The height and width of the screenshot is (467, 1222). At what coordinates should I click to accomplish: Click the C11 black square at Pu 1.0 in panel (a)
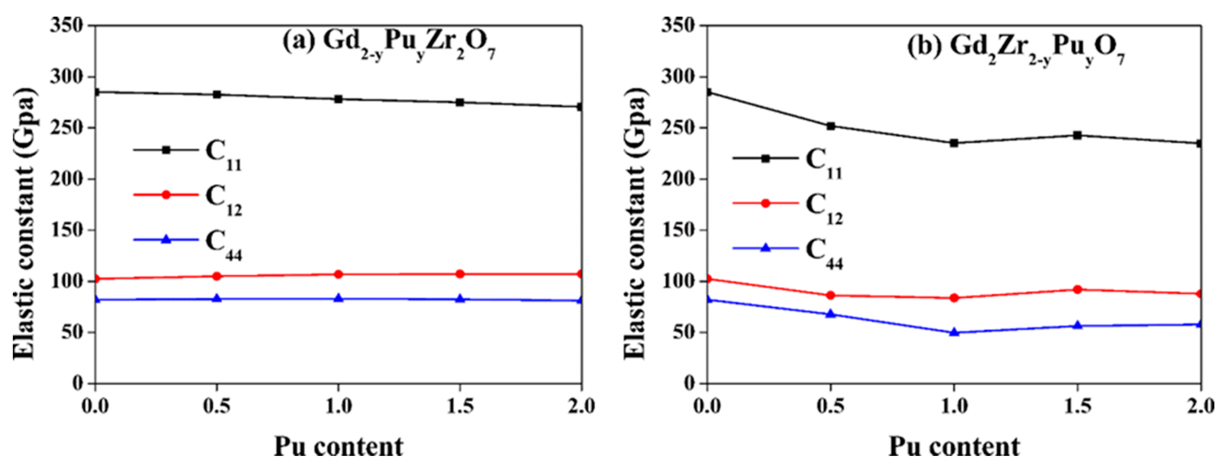click(x=338, y=99)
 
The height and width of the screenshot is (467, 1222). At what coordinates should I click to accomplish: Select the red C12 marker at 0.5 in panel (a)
click(x=217, y=276)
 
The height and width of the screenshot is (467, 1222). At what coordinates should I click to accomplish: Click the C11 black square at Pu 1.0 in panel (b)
click(x=954, y=143)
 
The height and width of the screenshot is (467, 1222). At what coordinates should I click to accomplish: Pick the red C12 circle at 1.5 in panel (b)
click(x=1077, y=289)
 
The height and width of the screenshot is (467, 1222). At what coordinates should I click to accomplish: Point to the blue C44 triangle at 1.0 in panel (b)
click(x=954, y=332)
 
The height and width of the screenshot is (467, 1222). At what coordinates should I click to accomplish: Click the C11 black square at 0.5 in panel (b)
click(x=831, y=126)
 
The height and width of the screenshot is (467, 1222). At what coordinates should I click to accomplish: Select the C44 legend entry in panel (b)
click(x=788, y=251)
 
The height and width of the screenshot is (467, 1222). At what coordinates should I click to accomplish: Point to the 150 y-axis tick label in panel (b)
click(x=677, y=230)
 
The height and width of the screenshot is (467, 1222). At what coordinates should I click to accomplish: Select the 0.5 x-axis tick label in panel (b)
click(x=831, y=406)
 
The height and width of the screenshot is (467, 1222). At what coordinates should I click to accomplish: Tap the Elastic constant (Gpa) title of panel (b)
click(x=634, y=223)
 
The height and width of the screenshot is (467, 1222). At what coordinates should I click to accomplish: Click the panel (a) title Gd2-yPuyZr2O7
click(x=389, y=45)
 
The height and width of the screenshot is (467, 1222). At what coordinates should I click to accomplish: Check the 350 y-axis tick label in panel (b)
click(x=677, y=25)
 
